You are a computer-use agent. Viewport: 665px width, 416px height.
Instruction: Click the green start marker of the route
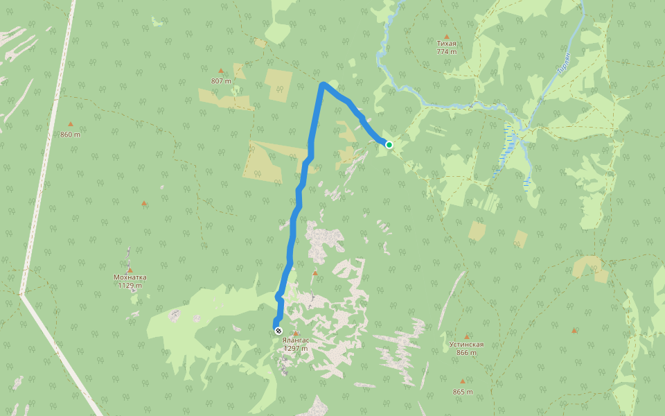click(389, 144)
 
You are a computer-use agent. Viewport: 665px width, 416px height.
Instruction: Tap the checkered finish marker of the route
click(278, 331)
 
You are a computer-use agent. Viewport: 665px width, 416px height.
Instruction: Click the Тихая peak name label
click(447, 44)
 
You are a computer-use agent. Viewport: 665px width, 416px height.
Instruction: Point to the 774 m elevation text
click(447, 52)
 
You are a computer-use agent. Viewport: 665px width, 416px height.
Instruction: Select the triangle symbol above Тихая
click(447, 36)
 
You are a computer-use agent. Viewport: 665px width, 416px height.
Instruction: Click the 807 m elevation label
click(221, 81)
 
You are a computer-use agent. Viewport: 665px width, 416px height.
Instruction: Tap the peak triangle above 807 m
click(221, 71)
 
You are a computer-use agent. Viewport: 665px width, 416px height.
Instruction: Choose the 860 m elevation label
click(70, 135)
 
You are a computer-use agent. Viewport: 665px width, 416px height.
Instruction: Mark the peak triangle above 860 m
click(70, 125)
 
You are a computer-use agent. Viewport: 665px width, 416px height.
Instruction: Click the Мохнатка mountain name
click(130, 277)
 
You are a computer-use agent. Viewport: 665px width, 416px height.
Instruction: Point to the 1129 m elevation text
click(130, 286)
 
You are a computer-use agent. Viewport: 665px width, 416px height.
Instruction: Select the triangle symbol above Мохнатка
click(130, 270)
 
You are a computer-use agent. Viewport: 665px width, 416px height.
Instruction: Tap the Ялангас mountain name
click(295, 340)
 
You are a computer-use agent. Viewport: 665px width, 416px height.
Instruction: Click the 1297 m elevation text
click(295, 349)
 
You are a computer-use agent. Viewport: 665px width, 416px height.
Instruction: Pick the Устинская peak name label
click(466, 345)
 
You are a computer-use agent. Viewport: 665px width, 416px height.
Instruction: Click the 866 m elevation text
click(466, 353)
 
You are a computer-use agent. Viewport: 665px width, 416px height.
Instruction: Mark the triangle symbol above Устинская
click(466, 337)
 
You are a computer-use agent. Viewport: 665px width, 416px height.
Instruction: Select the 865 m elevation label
click(463, 392)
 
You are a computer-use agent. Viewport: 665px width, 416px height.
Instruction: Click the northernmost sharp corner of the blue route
click(323, 85)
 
